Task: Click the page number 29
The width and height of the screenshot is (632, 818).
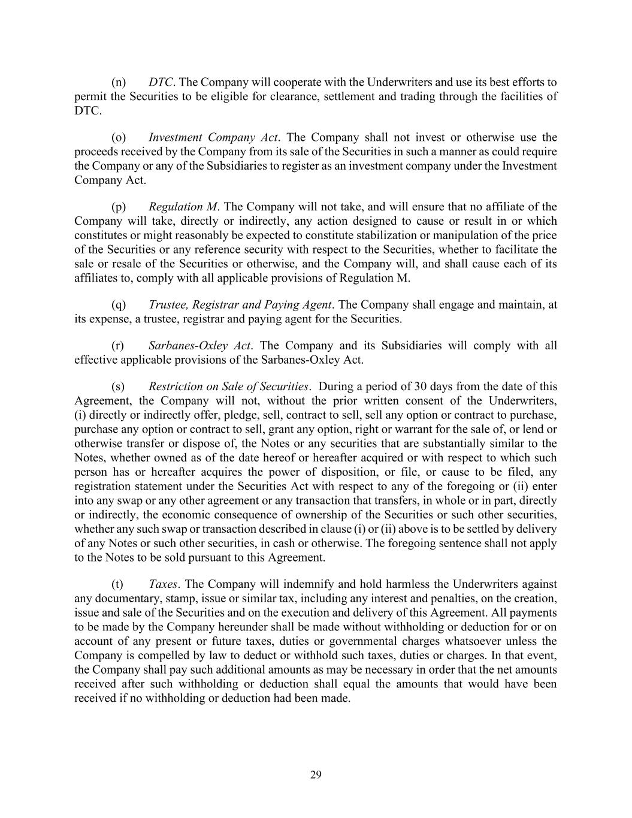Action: click(316, 775)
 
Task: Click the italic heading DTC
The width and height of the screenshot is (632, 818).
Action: click(160, 82)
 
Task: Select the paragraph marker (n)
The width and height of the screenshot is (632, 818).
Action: click(119, 82)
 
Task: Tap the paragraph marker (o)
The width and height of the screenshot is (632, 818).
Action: click(119, 137)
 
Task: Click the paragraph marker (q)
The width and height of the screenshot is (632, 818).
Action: click(119, 304)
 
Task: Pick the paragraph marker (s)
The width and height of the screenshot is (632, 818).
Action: click(118, 387)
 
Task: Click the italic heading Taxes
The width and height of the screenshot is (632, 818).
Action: click(162, 584)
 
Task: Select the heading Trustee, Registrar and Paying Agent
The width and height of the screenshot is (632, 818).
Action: click(240, 304)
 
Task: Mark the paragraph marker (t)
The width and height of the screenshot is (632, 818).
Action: click(117, 584)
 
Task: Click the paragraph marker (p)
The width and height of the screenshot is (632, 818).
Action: click(119, 207)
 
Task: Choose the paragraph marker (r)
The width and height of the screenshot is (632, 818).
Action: click(118, 346)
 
